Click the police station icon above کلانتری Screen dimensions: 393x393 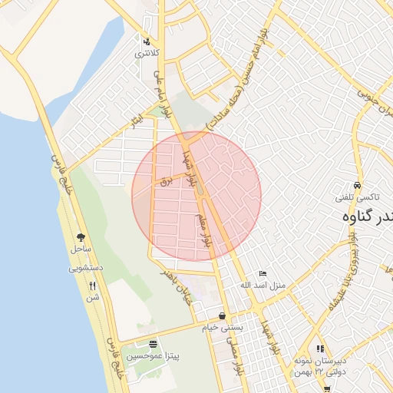(147, 41)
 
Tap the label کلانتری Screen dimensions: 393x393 (147, 54)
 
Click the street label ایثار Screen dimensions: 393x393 (137, 121)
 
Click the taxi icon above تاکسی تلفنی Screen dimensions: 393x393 (357, 186)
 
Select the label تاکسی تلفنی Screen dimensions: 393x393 (355, 197)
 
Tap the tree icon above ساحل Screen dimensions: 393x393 (81, 237)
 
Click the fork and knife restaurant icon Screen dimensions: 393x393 (93, 286)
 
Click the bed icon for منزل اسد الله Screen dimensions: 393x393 (263, 273)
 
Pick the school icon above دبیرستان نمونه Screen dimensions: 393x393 (320, 348)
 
